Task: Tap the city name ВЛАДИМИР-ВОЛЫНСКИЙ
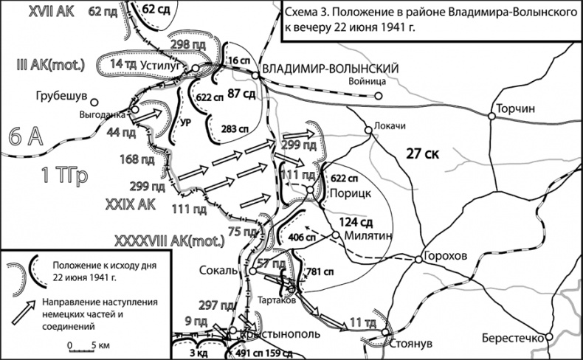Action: (x=331, y=69)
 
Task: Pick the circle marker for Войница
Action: (x=378, y=96)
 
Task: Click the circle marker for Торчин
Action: (x=492, y=114)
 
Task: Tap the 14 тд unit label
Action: (x=122, y=65)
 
